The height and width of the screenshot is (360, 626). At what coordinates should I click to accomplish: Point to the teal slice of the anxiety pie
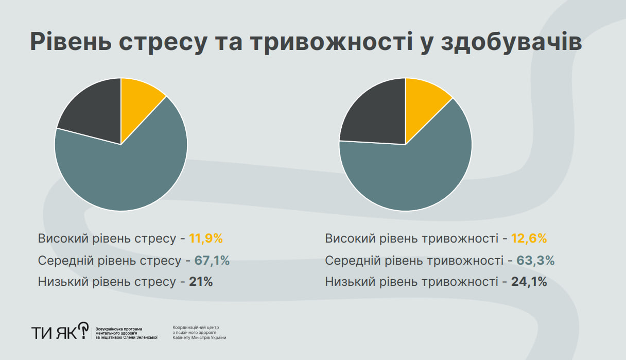tap(412, 170)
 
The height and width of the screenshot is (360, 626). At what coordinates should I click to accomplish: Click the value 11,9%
tap(205, 239)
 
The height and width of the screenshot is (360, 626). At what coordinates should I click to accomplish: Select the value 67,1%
tap(212, 261)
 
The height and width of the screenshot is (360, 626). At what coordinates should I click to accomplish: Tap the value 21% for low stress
tap(201, 282)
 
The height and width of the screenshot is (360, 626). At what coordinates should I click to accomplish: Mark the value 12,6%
tap(529, 239)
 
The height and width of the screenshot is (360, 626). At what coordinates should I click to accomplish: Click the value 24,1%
tap(529, 282)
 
